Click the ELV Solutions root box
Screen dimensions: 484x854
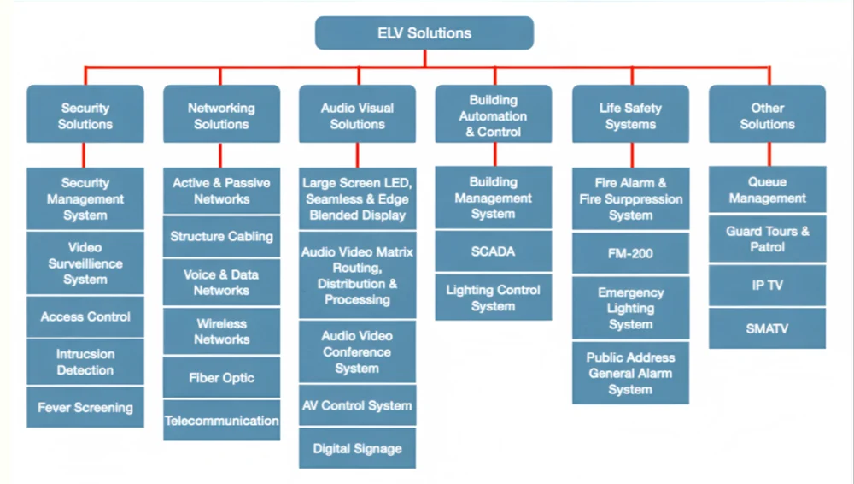(424, 33)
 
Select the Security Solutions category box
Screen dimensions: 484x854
(85, 115)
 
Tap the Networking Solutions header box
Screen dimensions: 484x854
(221, 115)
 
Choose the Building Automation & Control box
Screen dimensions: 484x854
(494, 115)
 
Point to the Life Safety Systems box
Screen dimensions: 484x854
(630, 115)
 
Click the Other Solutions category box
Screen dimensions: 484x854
(767, 115)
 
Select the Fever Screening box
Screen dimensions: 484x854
(85, 408)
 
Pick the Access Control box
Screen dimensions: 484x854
(85, 316)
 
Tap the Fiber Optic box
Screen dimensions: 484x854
(221, 378)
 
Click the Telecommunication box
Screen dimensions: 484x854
(221, 421)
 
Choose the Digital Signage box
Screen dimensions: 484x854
(357, 448)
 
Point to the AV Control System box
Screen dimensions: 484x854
(357, 406)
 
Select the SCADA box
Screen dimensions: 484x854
(493, 252)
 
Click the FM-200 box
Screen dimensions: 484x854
(630, 254)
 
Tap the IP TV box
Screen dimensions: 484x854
(767, 286)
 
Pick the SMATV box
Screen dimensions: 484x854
(767, 328)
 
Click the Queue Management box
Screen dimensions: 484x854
(767, 190)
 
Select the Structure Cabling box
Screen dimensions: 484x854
(221, 237)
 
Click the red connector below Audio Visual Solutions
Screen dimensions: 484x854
(357, 155)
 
